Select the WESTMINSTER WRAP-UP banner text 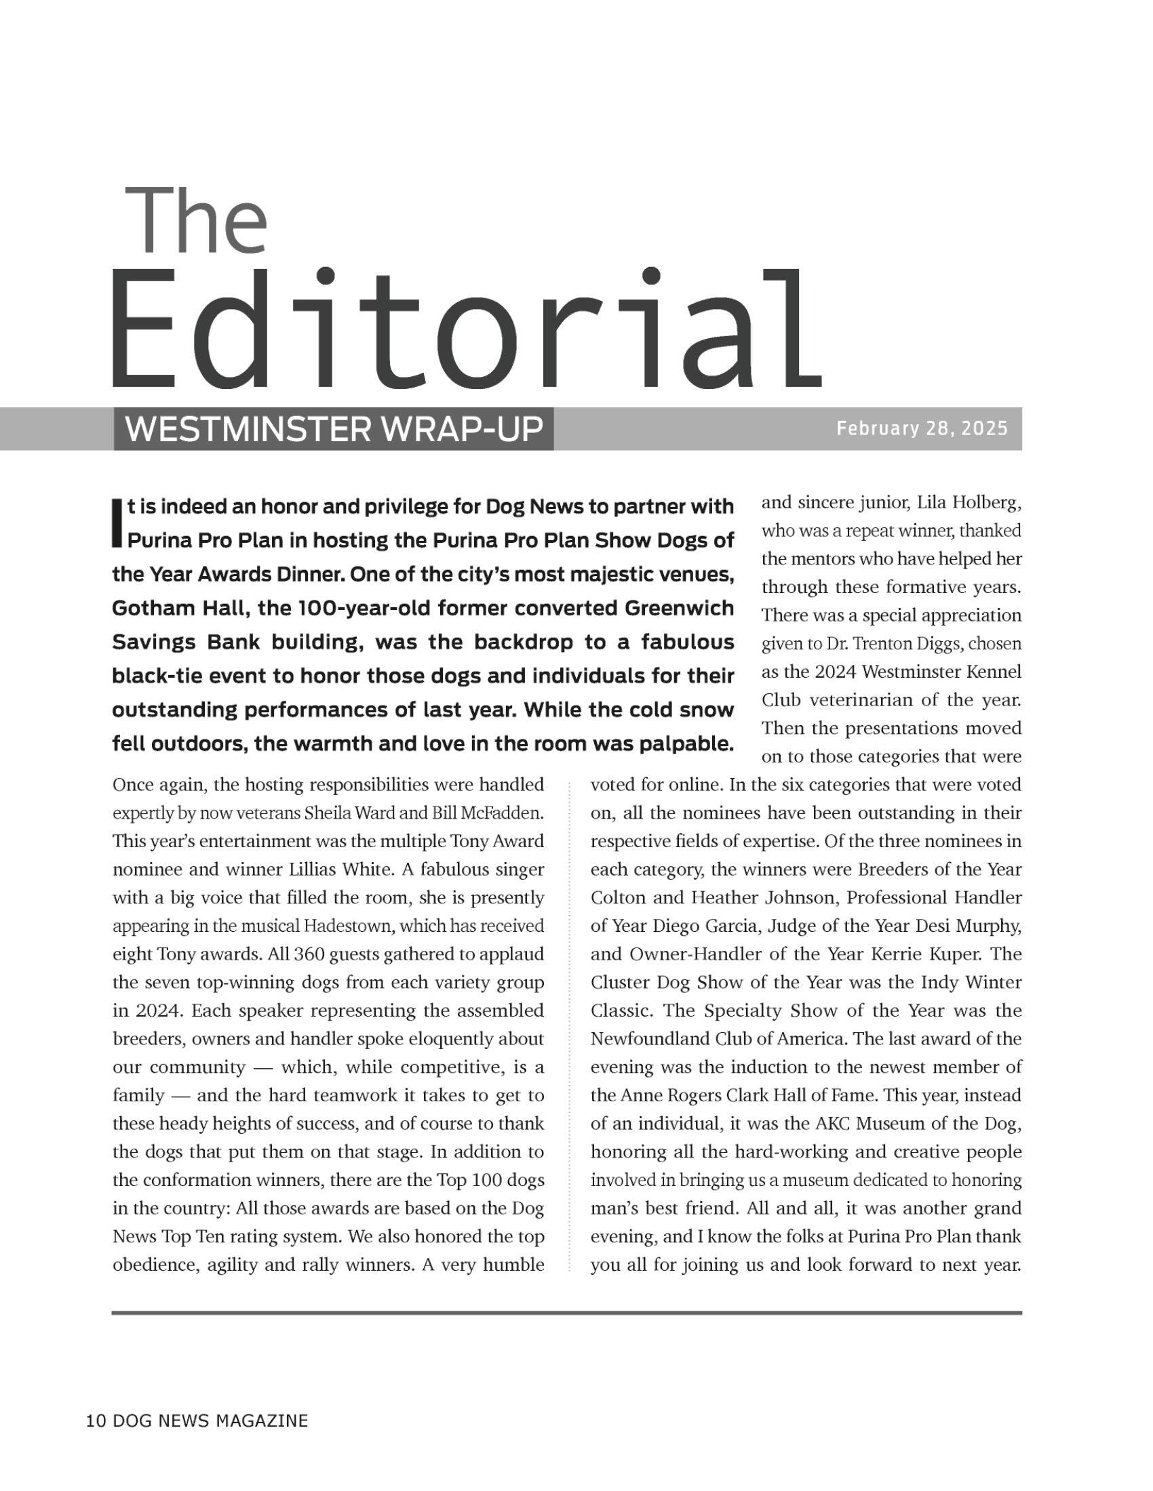333,430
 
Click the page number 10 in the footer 96,1420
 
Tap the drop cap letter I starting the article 117,524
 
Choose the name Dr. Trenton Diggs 885,644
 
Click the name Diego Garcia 706,926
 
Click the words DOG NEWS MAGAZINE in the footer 209,1420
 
